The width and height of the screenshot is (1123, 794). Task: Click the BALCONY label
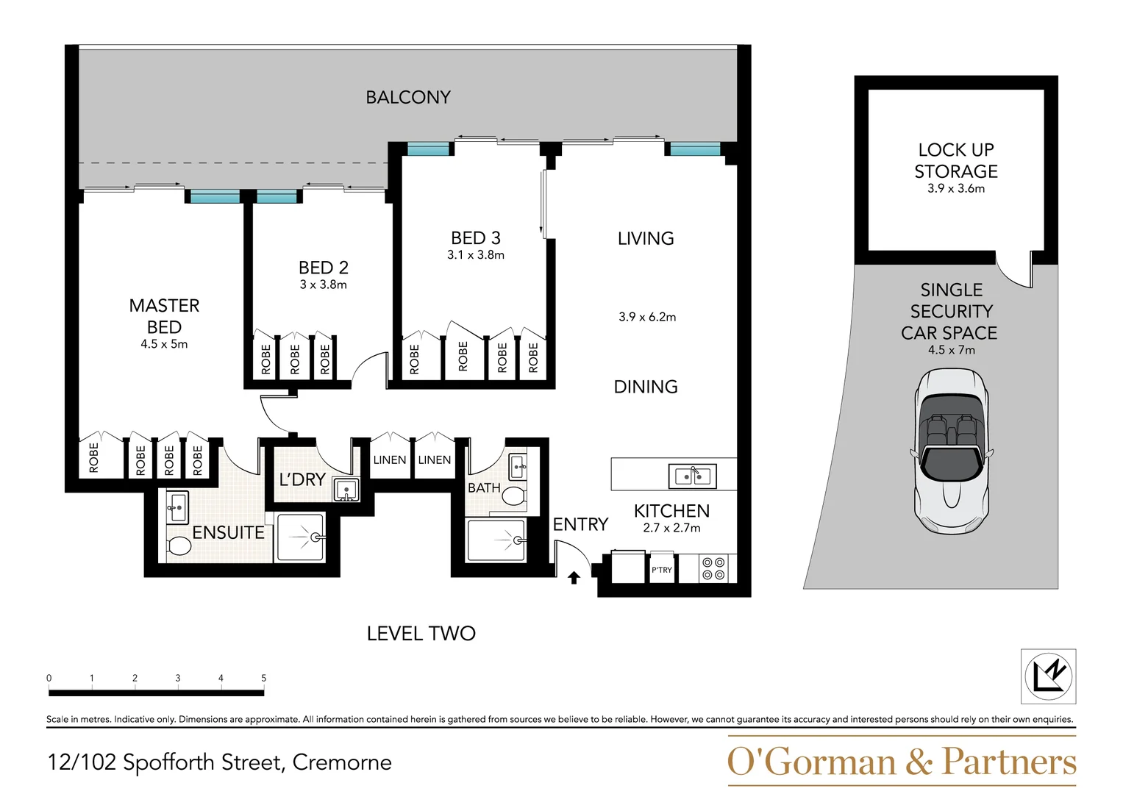408,97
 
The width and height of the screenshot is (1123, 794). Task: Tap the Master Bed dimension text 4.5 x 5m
164,344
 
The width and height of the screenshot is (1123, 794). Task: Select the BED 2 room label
323,268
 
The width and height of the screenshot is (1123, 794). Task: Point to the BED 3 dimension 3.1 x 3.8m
476,255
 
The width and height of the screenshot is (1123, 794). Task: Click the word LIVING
646,238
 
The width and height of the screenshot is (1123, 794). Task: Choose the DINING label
646,387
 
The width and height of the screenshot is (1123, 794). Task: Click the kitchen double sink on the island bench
692,476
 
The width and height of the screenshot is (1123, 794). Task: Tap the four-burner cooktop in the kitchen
713,568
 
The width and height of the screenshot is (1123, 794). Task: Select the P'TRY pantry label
661,570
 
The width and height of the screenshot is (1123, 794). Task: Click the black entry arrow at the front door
574,578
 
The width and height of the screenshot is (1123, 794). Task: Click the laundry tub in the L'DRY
346,489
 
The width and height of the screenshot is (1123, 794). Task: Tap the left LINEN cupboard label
390,459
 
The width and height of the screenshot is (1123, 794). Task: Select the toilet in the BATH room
513,496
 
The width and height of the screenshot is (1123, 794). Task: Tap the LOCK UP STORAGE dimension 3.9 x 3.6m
955,188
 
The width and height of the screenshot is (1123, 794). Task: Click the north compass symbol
1048,676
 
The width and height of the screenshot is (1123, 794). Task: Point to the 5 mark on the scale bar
263,678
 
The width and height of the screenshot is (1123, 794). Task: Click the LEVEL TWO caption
421,633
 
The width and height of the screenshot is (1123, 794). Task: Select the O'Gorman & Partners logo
901,762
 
